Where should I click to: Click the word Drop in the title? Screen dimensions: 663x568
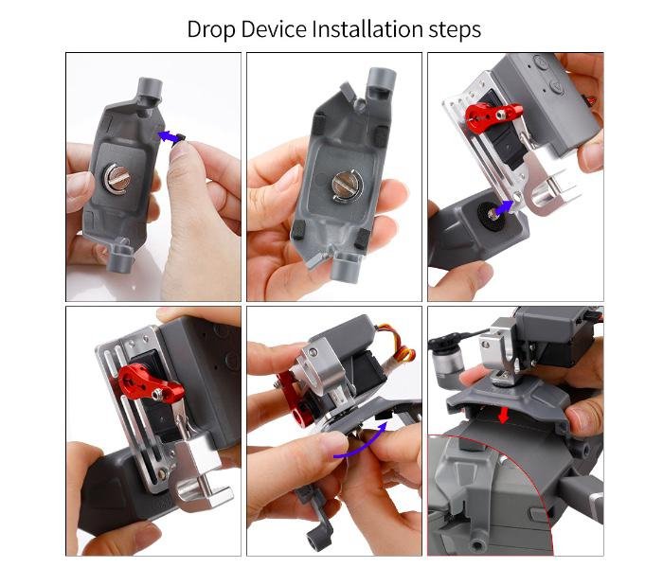point(211,30)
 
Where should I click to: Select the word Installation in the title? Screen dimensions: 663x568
point(367,29)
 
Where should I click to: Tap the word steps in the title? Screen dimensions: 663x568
point(455,30)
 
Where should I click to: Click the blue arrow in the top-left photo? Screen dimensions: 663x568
point(167,137)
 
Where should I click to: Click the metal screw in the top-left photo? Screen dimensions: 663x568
point(117,178)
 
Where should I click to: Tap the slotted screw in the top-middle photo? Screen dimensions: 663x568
point(345,186)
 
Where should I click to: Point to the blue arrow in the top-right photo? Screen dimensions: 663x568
point(504,208)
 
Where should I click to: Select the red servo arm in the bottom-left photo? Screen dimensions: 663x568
point(151,382)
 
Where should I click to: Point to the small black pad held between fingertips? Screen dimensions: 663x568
point(180,138)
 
